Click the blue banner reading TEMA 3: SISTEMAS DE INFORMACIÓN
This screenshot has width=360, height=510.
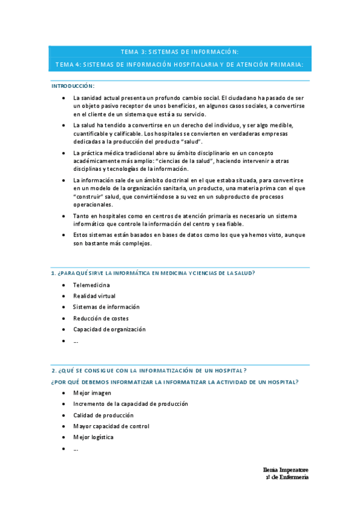(x=180, y=52)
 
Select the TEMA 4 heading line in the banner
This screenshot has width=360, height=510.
(x=180, y=64)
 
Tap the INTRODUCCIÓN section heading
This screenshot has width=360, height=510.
(x=72, y=86)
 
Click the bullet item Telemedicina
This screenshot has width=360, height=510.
(x=91, y=285)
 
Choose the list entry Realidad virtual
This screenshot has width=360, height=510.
(x=94, y=296)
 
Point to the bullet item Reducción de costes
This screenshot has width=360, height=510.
(x=100, y=318)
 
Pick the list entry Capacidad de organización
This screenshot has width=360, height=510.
(x=109, y=329)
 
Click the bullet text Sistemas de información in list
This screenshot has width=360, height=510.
(x=106, y=307)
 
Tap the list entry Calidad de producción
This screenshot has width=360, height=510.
(x=103, y=415)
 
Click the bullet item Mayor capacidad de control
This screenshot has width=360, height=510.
(x=111, y=426)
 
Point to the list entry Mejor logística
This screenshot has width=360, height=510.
(x=93, y=437)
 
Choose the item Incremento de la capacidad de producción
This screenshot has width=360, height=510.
(x=130, y=404)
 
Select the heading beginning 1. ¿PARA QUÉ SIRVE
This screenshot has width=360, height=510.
(x=153, y=274)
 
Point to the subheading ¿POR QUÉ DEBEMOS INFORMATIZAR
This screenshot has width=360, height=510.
(x=175, y=382)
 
